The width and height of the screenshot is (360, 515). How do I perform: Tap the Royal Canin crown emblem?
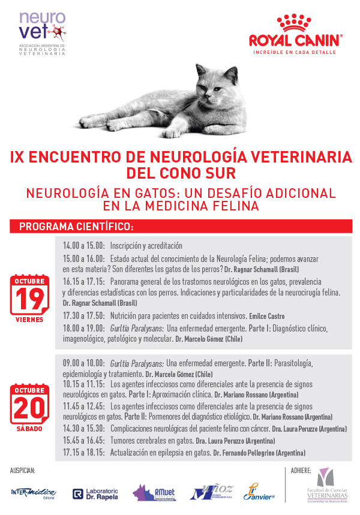coord(296,25)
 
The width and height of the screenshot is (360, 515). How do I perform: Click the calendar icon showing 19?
coord(29,294)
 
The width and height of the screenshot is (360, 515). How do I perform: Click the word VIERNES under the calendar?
coord(29,320)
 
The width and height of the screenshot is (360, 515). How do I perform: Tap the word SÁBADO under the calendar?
coord(29,429)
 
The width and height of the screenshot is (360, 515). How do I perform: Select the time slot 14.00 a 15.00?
coord(84,246)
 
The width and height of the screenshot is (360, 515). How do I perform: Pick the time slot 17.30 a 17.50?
coord(84,315)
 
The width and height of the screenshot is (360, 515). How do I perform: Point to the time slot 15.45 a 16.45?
coord(84,441)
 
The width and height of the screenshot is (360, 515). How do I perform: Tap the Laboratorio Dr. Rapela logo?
coord(95,493)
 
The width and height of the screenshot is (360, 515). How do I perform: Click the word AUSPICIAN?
coord(23,471)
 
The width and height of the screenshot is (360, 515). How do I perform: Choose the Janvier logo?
coord(259,492)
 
